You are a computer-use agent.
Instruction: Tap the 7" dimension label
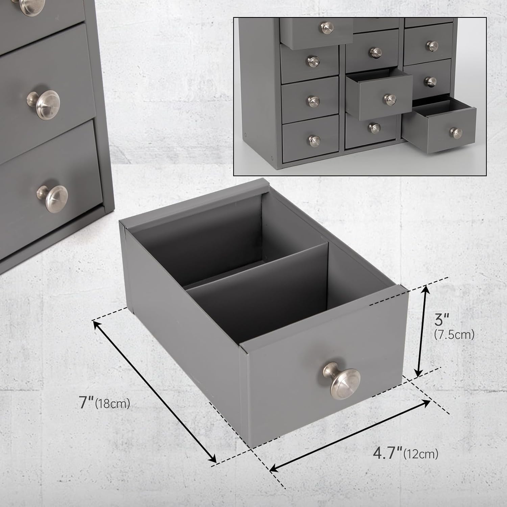pyautogui.click(x=87, y=403)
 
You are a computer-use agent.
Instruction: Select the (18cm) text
pyautogui.click(x=113, y=404)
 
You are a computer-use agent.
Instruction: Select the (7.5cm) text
pyautogui.click(x=454, y=335)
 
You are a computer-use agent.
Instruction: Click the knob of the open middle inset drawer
pyautogui.click(x=390, y=99)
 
